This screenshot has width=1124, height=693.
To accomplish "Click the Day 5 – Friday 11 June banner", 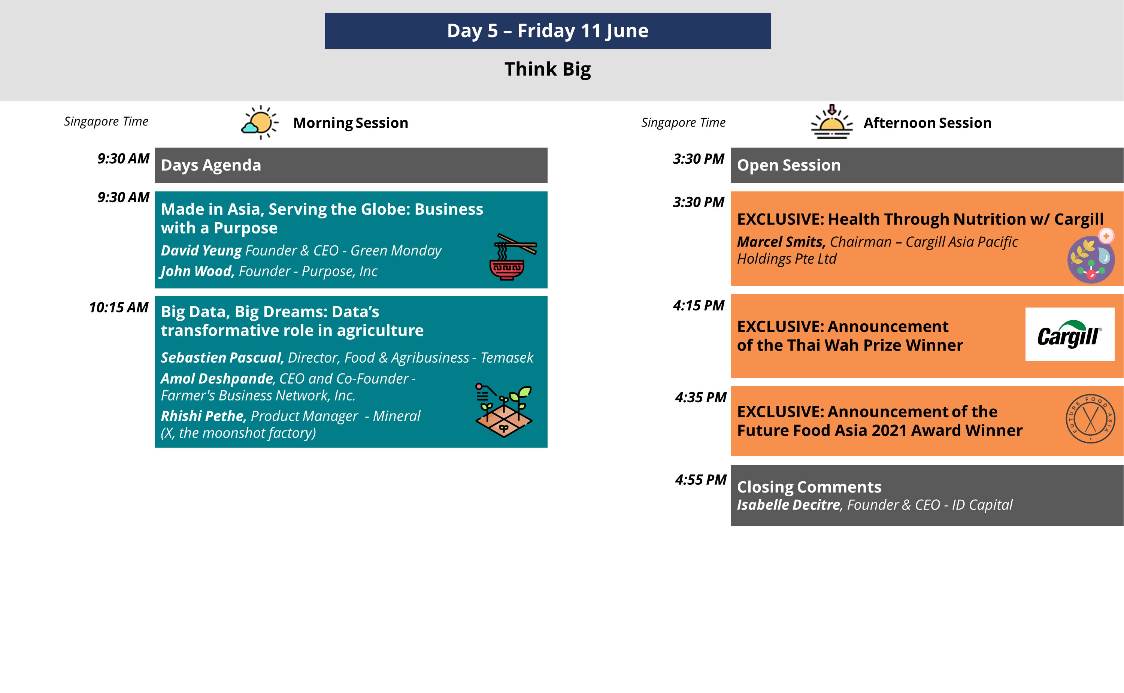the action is coord(548,31).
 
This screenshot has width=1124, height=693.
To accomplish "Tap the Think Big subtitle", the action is coord(548,69).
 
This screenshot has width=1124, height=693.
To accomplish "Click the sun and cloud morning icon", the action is coord(259,122).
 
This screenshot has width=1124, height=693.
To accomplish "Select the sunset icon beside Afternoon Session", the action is coord(831,122).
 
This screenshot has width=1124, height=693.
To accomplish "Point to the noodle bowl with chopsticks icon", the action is coord(513,257).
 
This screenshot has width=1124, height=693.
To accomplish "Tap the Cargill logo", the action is coord(1069,334).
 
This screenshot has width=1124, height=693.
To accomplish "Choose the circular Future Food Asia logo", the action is coord(1090,418).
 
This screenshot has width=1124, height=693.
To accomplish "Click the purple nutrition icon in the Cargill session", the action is coord(1091,256).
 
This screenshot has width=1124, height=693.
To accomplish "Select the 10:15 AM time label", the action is coord(119,307).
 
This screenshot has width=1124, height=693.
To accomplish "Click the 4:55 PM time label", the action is coord(701,479).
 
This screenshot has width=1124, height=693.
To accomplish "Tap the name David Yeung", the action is coord(201,250).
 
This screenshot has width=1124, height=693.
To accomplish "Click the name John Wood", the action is coord(197,271).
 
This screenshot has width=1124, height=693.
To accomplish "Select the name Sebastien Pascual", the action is coord(222,357).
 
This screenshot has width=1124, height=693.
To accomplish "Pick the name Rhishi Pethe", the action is coord(203,416).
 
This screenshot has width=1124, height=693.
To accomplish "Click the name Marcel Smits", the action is coord(781,242).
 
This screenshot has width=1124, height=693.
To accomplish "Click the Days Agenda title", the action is coord(211,165).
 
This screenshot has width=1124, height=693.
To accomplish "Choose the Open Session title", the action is coord(788,165).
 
